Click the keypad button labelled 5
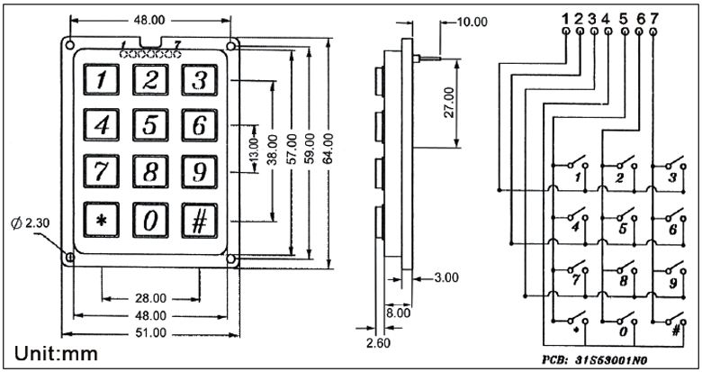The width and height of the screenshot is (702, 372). pos(150,124)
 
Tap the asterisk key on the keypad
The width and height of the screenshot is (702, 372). pos(102,220)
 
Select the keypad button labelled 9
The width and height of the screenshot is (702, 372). pos(200,171)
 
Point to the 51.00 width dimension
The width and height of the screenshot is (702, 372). pos(150,333)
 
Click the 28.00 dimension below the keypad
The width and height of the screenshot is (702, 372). pos(150,298)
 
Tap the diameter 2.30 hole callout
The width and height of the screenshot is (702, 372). pos(30,222)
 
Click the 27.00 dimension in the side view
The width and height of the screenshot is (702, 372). pos(449,103)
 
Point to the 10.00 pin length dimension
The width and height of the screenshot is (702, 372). pos(472,22)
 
